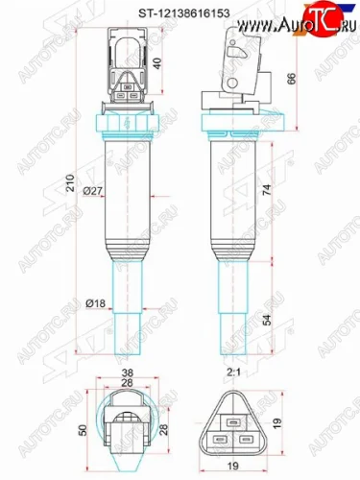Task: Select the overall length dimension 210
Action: (x=69, y=183)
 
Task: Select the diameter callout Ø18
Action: (x=93, y=303)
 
